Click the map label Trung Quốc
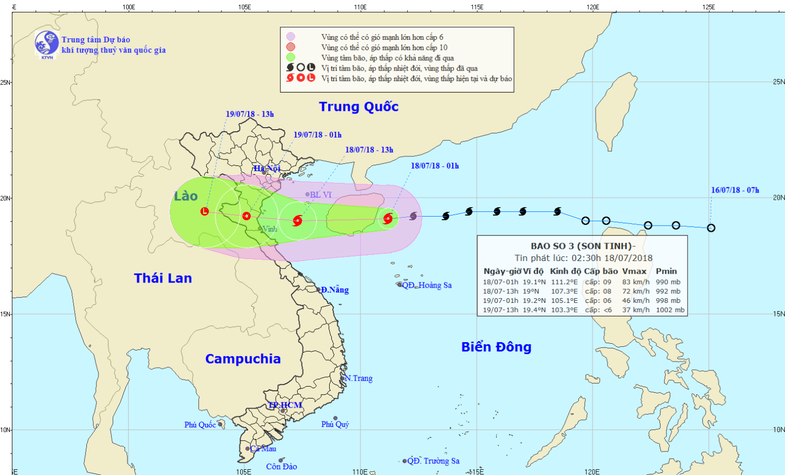[x=358, y=107]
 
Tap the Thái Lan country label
[x=163, y=278]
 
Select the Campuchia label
[x=243, y=359]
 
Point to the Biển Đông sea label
[x=496, y=347]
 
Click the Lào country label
[x=186, y=196]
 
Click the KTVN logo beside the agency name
[x=47, y=44]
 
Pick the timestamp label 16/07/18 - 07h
[x=735, y=190]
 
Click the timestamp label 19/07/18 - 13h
[x=250, y=114]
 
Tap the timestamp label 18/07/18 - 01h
[x=434, y=166]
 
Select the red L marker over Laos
[x=205, y=211]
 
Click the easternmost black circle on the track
[x=711, y=228]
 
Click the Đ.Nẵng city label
[x=335, y=290]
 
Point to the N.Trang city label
[x=358, y=378]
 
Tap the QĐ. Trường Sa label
[x=433, y=461]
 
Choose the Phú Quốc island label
[x=200, y=425]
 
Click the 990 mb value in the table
[x=668, y=282]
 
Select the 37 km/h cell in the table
[x=635, y=310]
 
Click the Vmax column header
[x=634, y=271]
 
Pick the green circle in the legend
[x=290, y=58]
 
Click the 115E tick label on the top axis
[x=477, y=7]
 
